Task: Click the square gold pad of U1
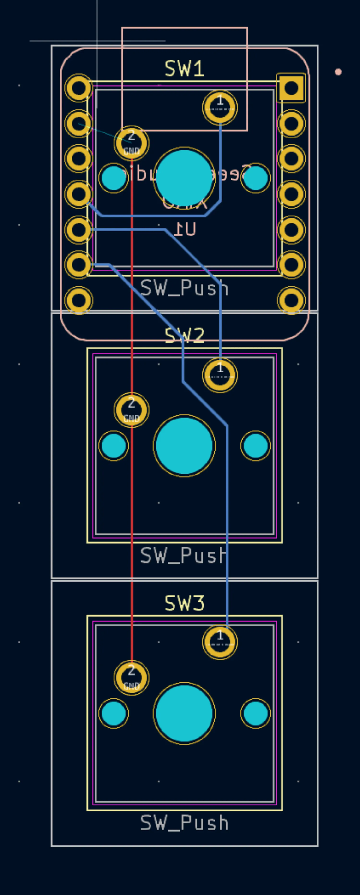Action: coord(291,88)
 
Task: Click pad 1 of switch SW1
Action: coord(220,108)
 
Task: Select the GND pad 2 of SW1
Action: coord(131,143)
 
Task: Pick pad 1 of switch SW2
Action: coord(220,375)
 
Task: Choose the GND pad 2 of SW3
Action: coord(131,678)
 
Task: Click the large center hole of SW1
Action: coord(184,178)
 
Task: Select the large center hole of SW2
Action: coord(184,446)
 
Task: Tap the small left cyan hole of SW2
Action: coord(114,446)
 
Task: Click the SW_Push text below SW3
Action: coord(184,823)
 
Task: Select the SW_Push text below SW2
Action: coord(184,555)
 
